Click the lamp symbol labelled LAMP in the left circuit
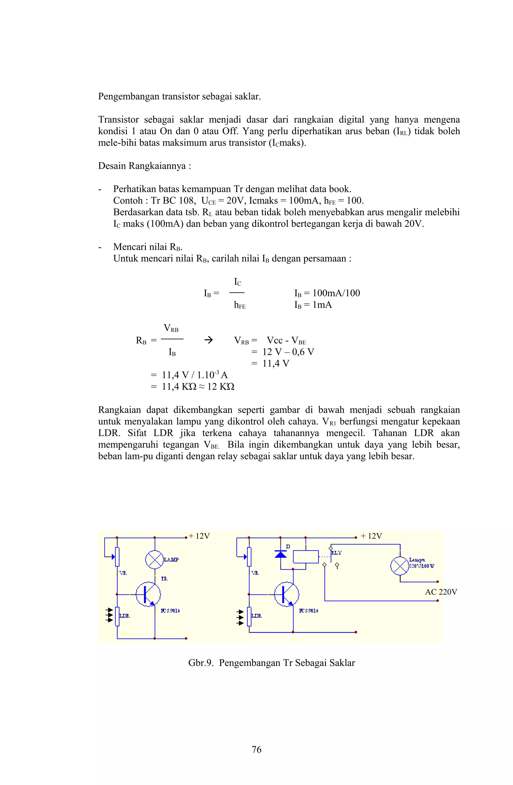click(155, 559)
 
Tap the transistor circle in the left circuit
click(148, 594)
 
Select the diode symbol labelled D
click(281, 554)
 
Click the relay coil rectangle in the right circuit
click(306, 556)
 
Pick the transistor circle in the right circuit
click(287, 594)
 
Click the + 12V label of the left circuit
click(199, 536)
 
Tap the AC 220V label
click(441, 592)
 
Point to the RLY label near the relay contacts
click(336, 553)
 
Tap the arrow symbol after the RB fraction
click(208, 340)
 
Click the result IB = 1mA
click(313, 305)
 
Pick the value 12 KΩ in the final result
click(221, 386)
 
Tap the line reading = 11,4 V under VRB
click(270, 363)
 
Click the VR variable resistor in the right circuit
click(249, 556)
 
